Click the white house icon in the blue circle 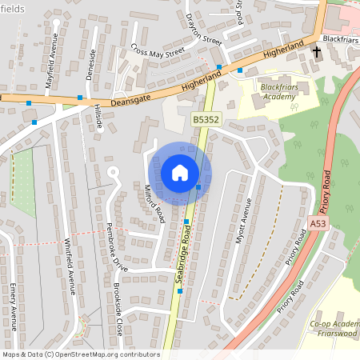(179, 172)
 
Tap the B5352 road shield (204, 118)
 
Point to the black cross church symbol (317, 53)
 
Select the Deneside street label (90, 65)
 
